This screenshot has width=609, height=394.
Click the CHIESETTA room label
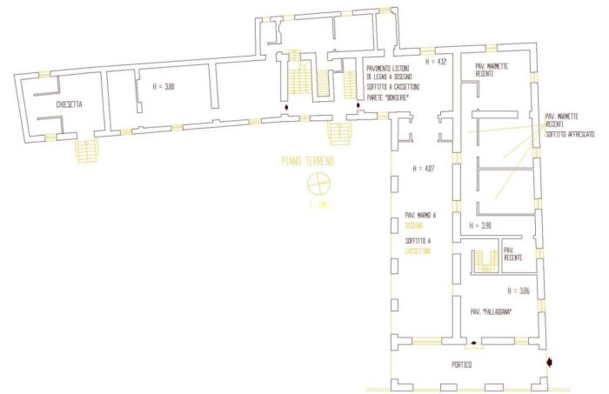coord(69,104)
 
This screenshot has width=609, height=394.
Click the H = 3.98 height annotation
coord(480,224)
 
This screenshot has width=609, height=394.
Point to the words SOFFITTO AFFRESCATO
coord(570,136)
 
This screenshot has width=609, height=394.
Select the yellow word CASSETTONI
coord(420,250)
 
